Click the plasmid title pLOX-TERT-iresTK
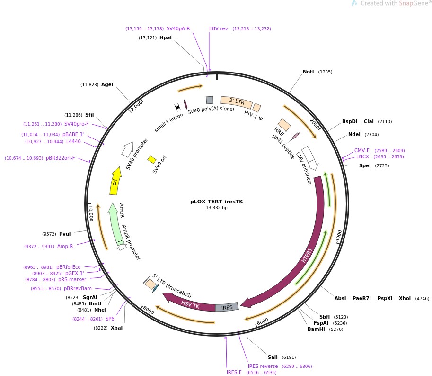tap(216, 201)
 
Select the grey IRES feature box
tap(227, 307)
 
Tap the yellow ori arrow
tap(115, 181)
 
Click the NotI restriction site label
tap(308, 72)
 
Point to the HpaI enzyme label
tap(165, 37)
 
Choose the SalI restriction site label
tap(273, 357)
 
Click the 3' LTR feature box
tap(236, 102)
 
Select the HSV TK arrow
tap(189, 303)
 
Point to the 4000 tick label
tap(339, 236)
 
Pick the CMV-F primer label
tap(361, 150)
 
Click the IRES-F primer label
tap(234, 372)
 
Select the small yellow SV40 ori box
tap(152, 159)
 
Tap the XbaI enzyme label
tap(116, 328)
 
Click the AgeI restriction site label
tap(107, 85)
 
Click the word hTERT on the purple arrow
tap(307, 255)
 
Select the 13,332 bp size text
tap(216, 208)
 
